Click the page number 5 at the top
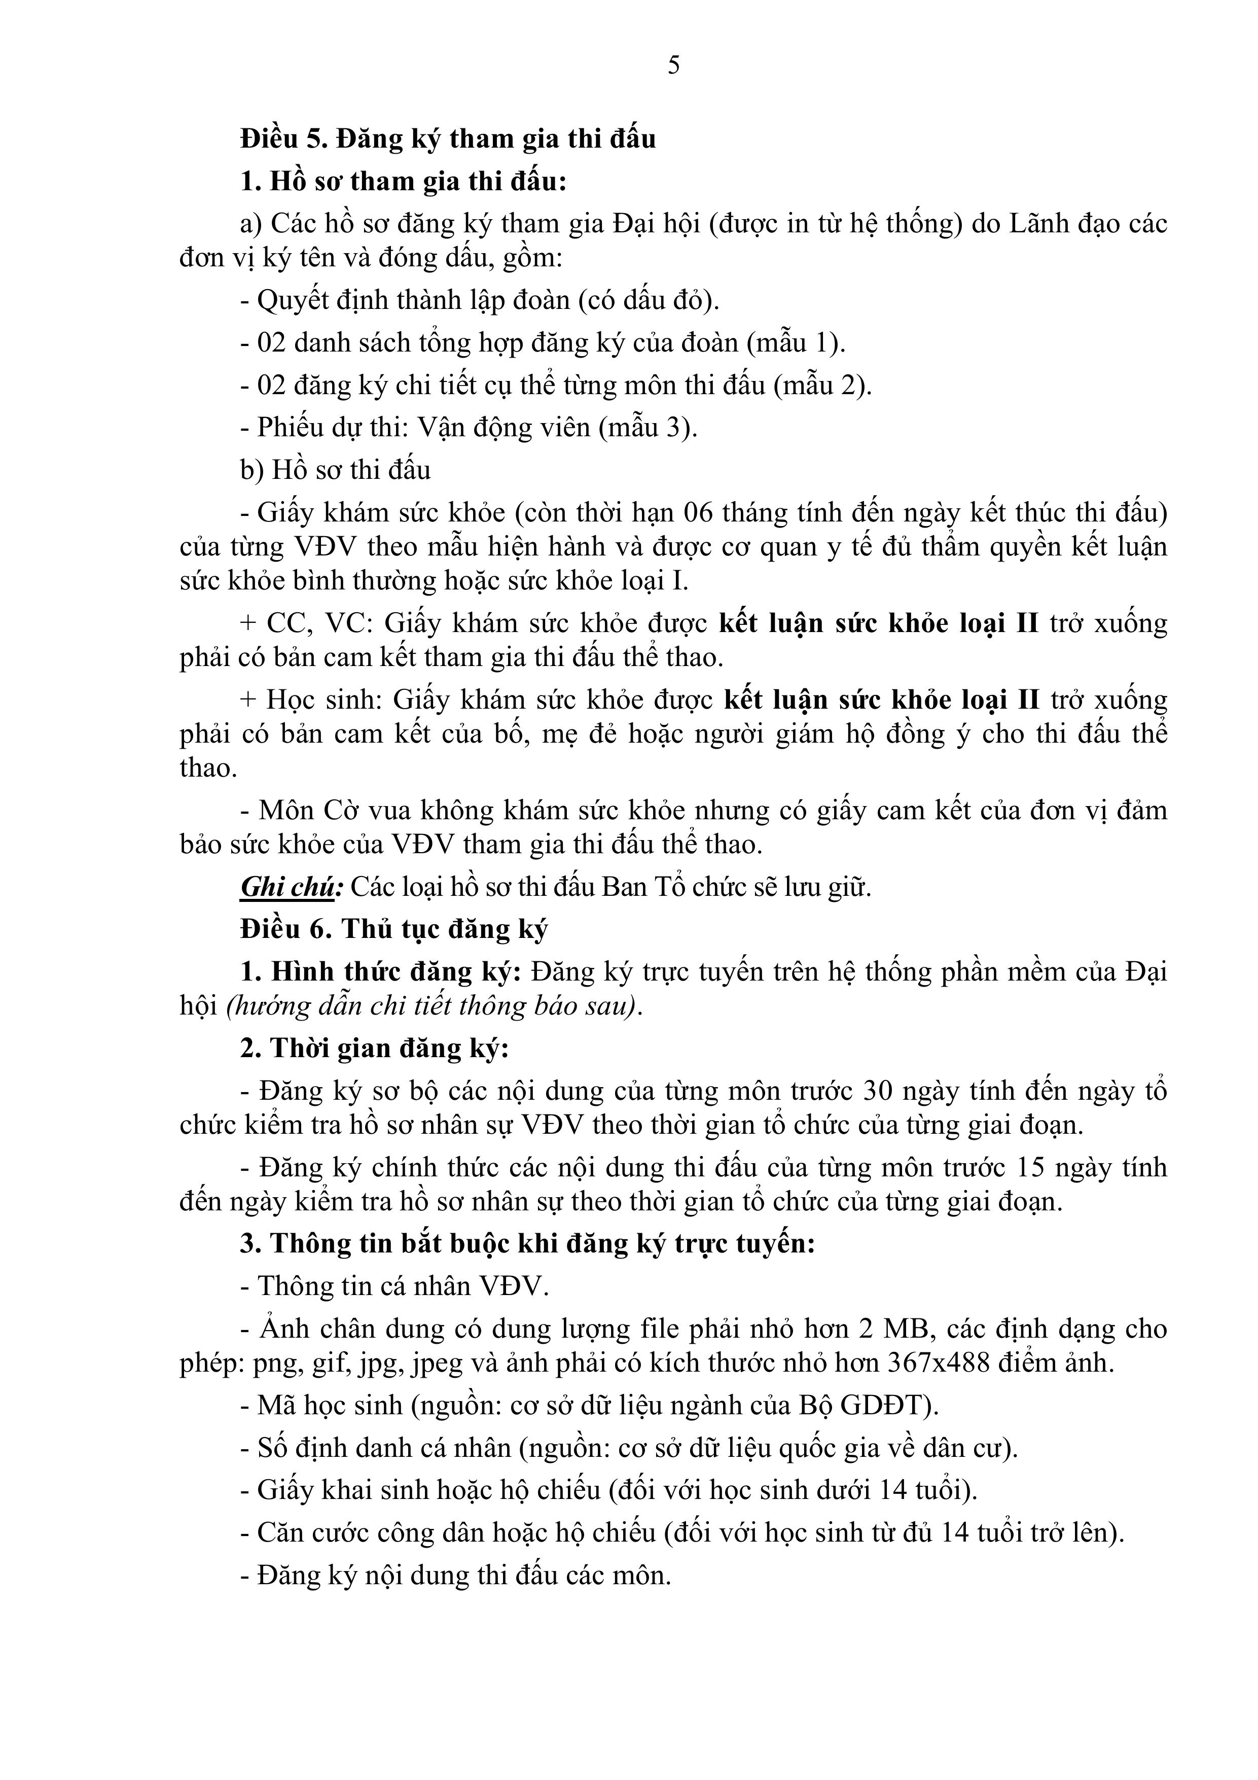[x=673, y=65]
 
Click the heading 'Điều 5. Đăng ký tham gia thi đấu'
[x=448, y=139]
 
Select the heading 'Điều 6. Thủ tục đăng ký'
[x=394, y=929]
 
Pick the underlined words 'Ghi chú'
[x=287, y=887]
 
